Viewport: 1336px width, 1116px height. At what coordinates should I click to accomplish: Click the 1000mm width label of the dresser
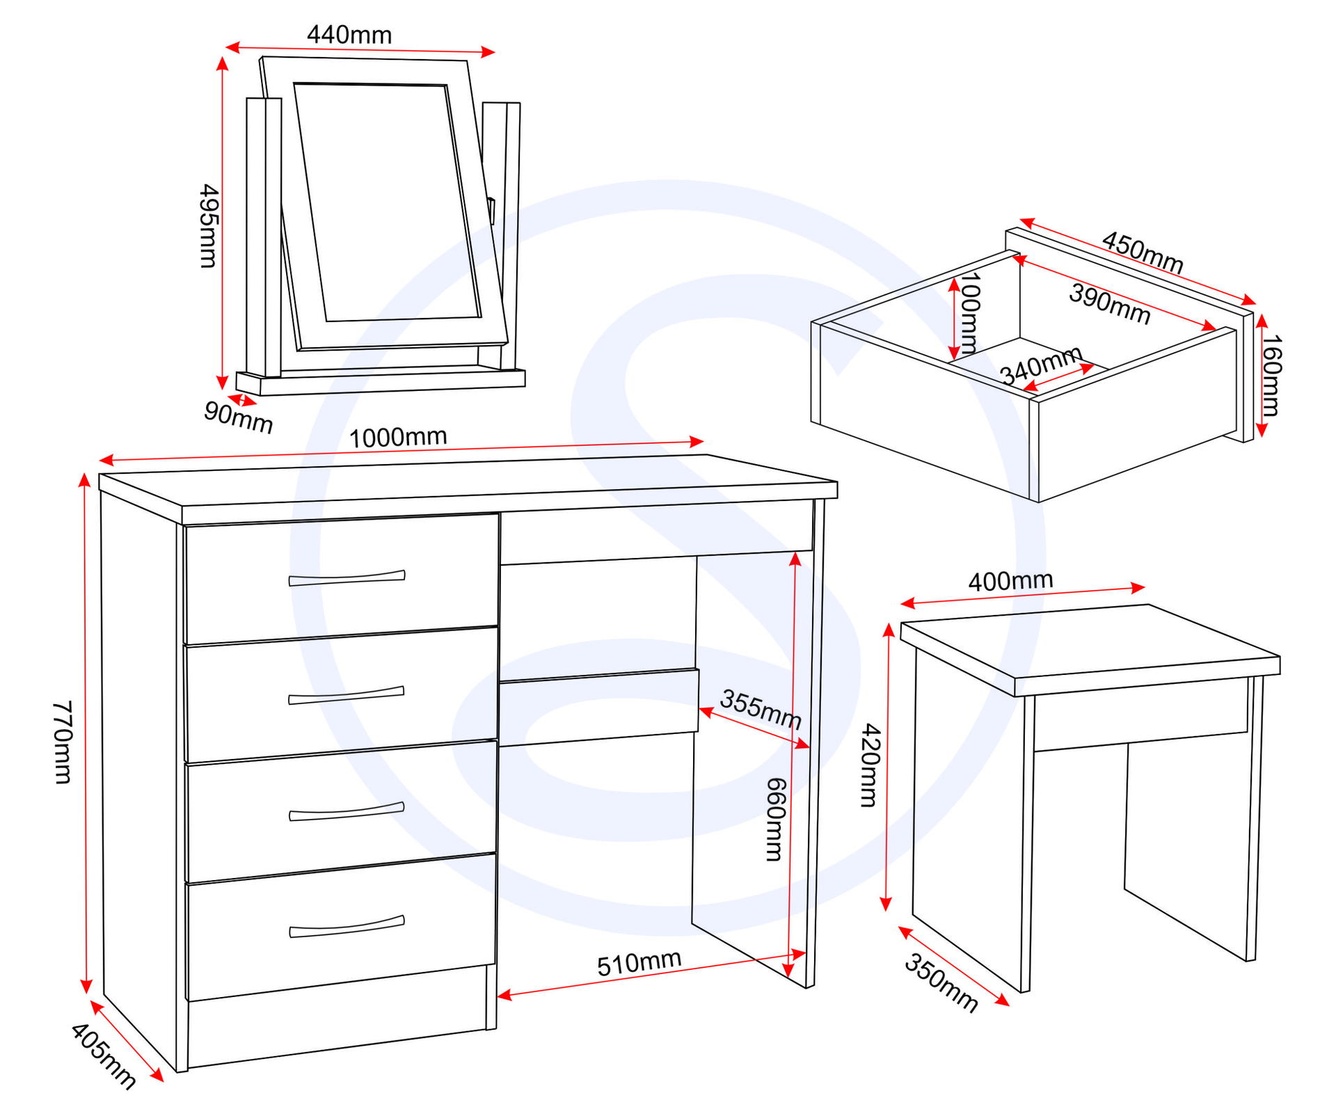[397, 438]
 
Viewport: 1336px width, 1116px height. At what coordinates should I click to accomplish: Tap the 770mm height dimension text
[62, 742]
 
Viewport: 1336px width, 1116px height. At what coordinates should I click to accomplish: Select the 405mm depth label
[104, 1055]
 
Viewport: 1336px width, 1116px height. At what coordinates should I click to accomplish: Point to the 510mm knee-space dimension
[639, 963]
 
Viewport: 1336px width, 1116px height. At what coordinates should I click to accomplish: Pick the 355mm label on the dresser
[761, 709]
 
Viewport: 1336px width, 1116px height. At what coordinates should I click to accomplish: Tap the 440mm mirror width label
[349, 35]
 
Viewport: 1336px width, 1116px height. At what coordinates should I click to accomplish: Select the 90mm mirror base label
[238, 417]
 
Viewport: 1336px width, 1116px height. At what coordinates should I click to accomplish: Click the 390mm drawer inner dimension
[1109, 304]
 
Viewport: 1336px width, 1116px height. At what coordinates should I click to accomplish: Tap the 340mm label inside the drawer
[1042, 365]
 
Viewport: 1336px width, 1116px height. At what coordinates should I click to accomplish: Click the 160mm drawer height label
[1271, 376]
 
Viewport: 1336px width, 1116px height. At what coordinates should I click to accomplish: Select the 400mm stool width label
[1010, 581]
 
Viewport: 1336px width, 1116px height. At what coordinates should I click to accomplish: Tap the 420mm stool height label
[870, 765]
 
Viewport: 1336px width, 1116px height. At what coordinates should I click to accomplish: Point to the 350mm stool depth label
[941, 982]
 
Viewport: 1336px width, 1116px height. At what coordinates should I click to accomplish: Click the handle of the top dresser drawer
[347, 578]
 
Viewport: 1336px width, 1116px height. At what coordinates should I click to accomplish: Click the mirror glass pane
[387, 202]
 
